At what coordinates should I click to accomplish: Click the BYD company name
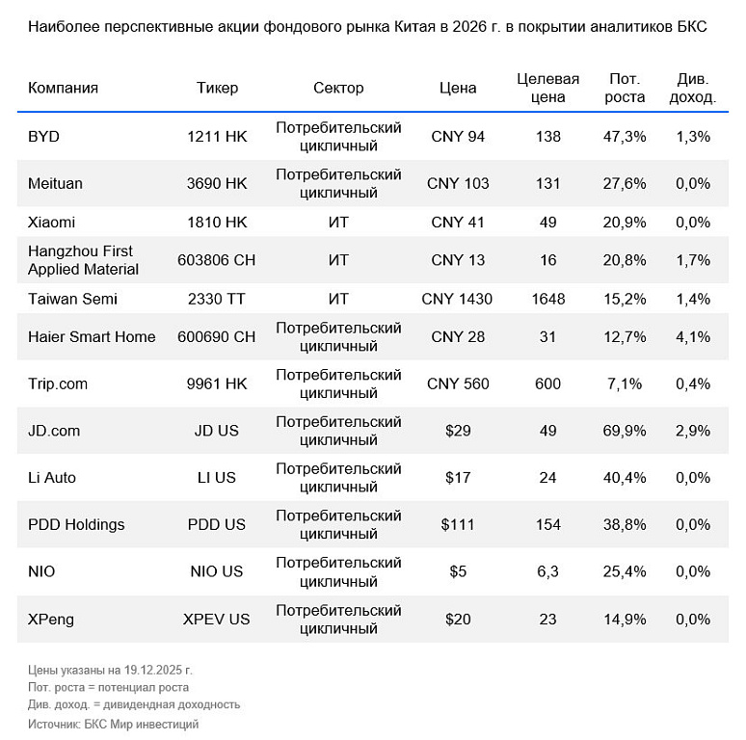pyautogui.click(x=43, y=137)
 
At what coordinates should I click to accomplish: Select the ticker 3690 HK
pyautogui.click(x=217, y=183)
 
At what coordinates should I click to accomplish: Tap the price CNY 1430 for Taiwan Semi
pyautogui.click(x=457, y=299)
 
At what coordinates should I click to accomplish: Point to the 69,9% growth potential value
pyautogui.click(x=625, y=431)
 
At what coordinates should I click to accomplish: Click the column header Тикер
pyautogui.click(x=217, y=88)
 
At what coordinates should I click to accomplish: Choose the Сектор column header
pyautogui.click(x=338, y=88)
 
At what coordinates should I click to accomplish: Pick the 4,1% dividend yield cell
pyautogui.click(x=693, y=336)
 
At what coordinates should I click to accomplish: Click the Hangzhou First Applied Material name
pyautogui.click(x=83, y=260)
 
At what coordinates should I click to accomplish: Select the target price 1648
pyautogui.click(x=547, y=299)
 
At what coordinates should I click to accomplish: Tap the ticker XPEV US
pyautogui.click(x=217, y=619)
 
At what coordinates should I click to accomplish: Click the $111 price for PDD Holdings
pyautogui.click(x=458, y=525)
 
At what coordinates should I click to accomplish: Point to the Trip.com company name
pyautogui.click(x=58, y=383)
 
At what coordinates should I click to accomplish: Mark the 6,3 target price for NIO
pyautogui.click(x=547, y=571)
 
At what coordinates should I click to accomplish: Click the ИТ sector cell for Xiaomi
pyautogui.click(x=338, y=222)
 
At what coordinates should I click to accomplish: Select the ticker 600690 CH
pyautogui.click(x=217, y=336)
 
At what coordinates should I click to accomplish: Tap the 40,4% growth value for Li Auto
pyautogui.click(x=625, y=478)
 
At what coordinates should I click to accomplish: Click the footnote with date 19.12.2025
pyautogui.click(x=110, y=670)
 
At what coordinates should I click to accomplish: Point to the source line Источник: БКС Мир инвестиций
pyautogui.click(x=113, y=724)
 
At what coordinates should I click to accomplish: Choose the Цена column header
pyautogui.click(x=458, y=88)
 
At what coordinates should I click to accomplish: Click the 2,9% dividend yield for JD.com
pyautogui.click(x=693, y=431)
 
